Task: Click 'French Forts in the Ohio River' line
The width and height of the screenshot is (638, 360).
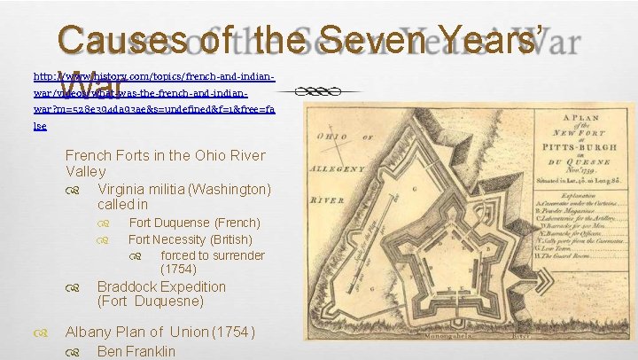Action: tap(165, 155)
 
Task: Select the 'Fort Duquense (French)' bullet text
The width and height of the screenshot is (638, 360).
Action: tap(194, 223)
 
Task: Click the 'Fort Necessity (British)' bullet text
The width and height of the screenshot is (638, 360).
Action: tap(190, 239)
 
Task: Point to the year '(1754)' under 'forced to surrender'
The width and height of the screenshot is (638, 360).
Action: tap(178, 269)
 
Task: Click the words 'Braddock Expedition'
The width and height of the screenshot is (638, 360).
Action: tap(160, 286)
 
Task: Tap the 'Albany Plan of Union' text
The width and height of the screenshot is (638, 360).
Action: tap(159, 332)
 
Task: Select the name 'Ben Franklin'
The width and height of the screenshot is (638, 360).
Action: tap(136, 351)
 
